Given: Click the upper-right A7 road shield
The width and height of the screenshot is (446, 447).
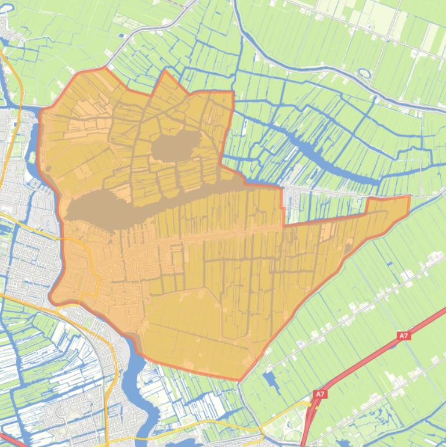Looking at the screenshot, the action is click(404, 336).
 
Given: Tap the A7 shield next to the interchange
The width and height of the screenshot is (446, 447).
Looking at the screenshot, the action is click(320, 394).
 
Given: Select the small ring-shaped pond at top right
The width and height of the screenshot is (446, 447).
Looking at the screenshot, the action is click(365, 74).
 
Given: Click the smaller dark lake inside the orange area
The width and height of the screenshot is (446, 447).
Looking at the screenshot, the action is click(175, 145).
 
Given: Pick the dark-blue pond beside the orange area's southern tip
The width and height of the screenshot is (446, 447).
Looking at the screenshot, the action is click(270, 380).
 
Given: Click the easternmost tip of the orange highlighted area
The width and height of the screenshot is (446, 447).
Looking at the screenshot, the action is click(409, 197).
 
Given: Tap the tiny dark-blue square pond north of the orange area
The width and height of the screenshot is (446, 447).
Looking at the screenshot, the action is click(121, 36).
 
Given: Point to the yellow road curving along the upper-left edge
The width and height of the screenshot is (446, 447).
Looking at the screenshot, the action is click(17, 87).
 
